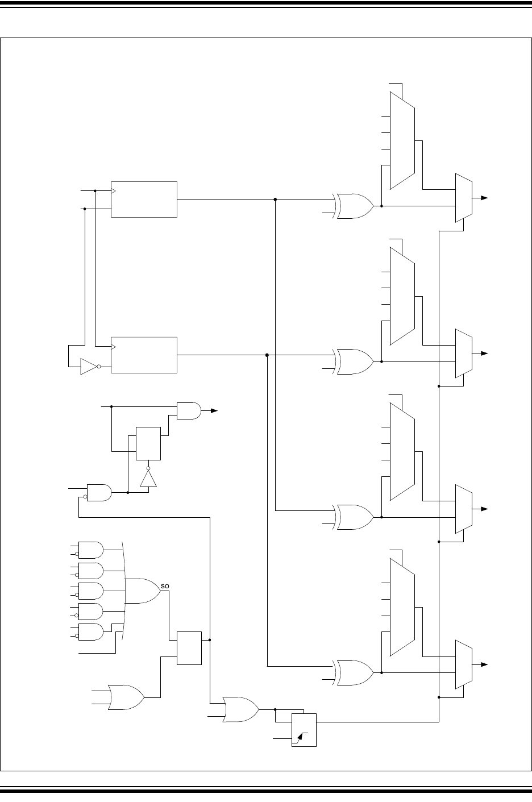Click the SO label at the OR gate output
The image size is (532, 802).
165,585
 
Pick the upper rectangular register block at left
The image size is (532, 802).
144,200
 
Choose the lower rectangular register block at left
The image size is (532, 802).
144,355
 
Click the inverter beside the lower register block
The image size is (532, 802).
89,367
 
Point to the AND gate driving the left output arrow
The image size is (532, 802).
189,410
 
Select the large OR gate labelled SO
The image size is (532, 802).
142,591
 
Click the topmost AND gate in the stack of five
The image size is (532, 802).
90,550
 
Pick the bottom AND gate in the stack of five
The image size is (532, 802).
90,632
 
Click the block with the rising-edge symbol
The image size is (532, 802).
304,729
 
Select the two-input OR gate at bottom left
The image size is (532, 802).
125,696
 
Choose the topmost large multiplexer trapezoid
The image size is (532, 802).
402,140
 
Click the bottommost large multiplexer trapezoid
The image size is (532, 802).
402,608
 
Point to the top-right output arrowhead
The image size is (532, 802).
484,197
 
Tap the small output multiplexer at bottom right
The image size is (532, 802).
464,664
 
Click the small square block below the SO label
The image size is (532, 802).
189,647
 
